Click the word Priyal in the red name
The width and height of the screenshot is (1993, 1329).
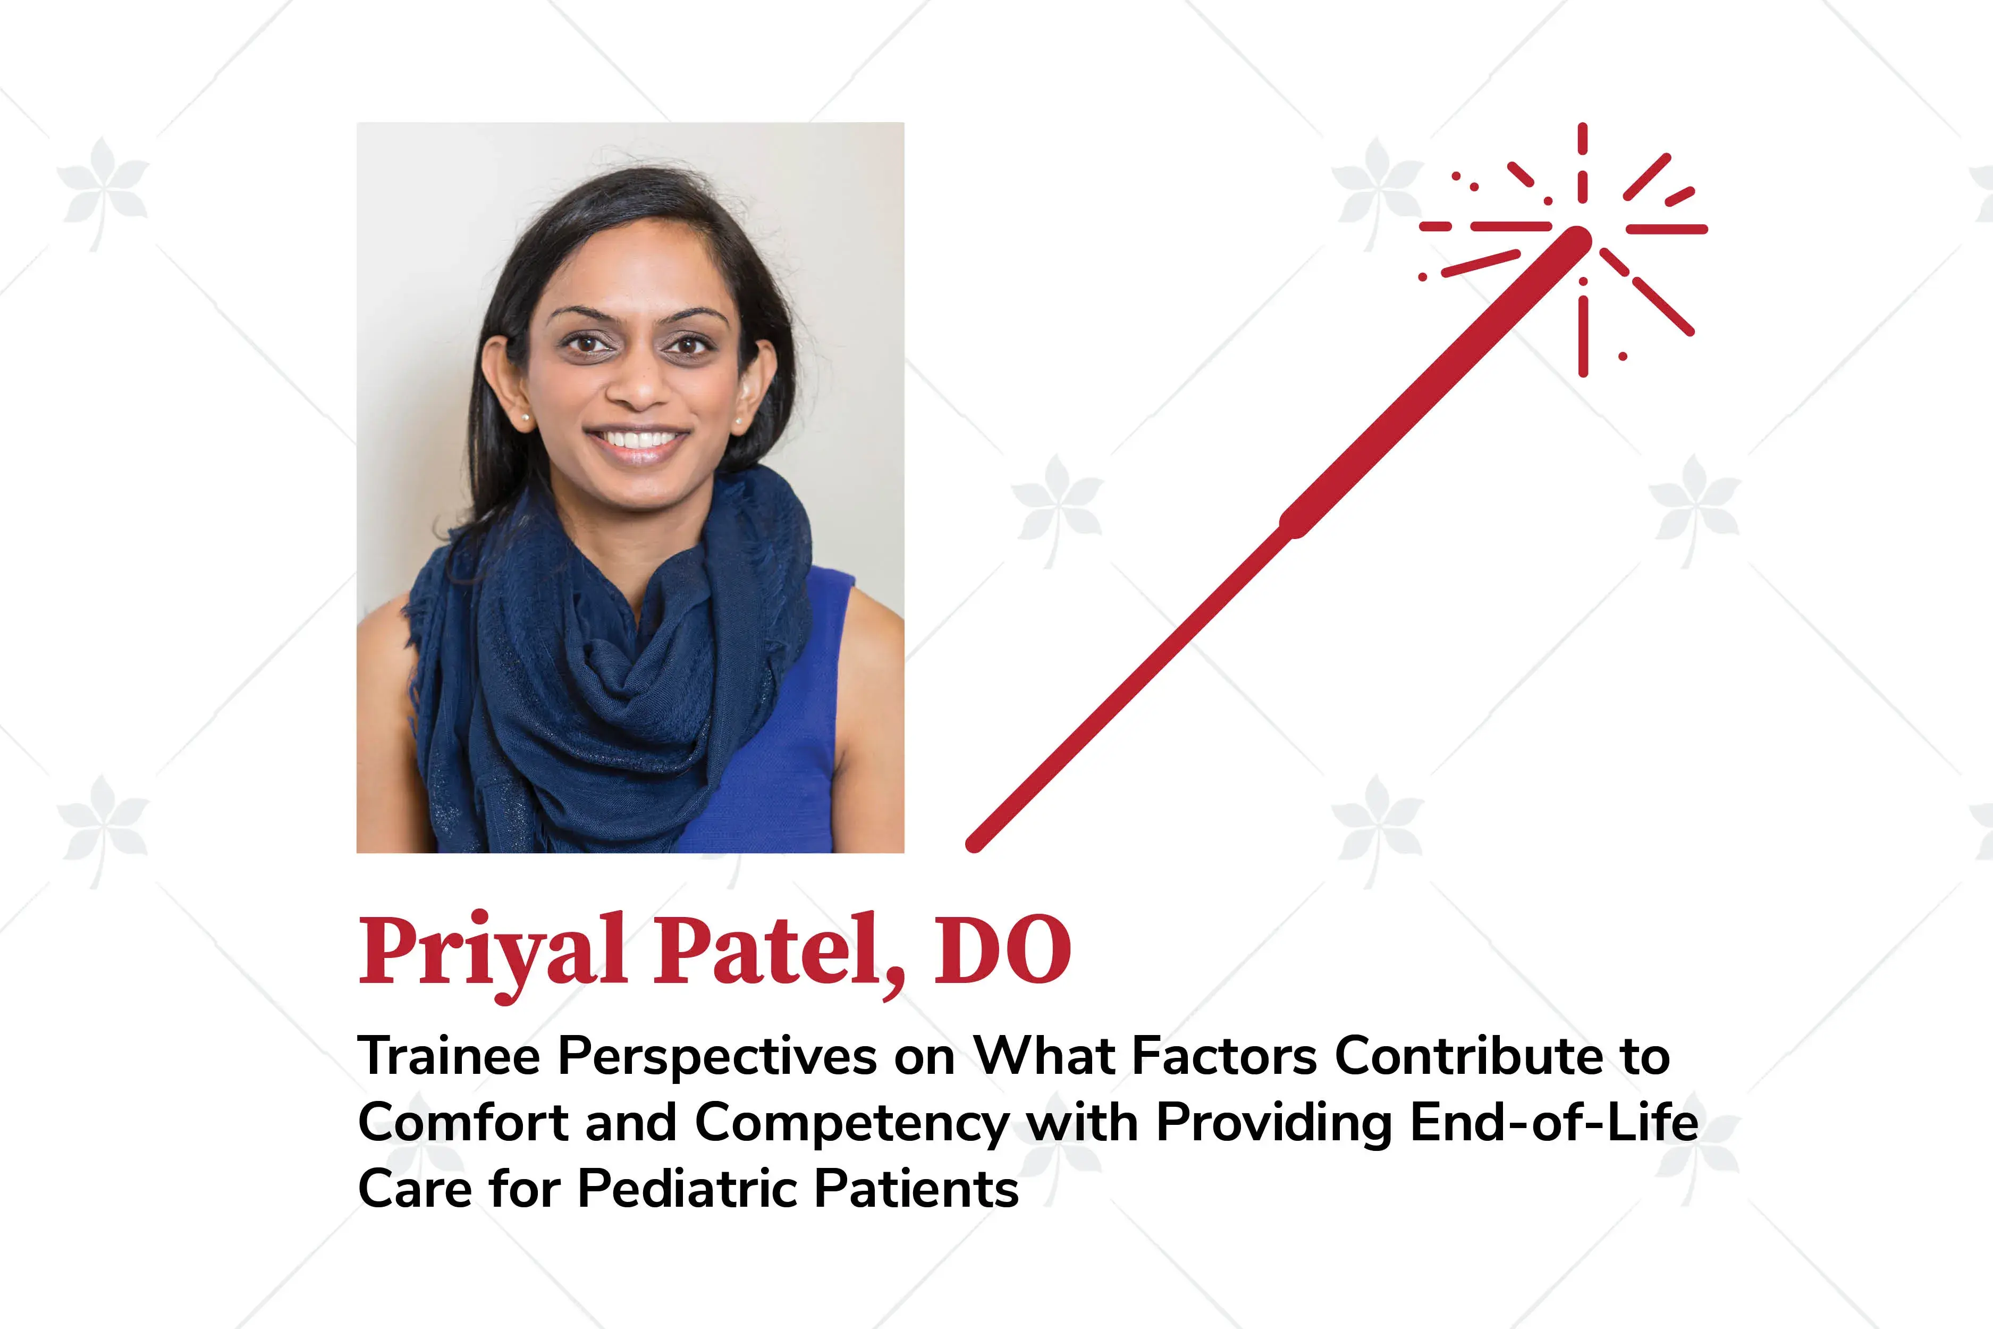coord(492,951)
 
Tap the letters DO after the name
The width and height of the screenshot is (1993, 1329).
coord(1002,951)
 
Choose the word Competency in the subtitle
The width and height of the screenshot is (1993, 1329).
coord(851,1124)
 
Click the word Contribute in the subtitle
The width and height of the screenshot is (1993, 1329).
coord(1468,1057)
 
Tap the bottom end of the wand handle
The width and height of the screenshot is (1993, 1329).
coord(975,843)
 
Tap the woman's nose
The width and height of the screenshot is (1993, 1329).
coord(637,385)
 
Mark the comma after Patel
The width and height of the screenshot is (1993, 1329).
coord(893,983)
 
